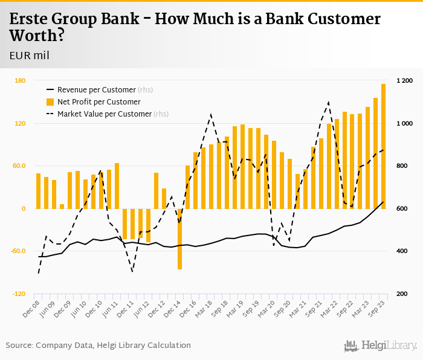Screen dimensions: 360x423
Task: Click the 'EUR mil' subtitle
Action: click(29, 56)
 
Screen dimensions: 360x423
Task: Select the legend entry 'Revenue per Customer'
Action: click(96, 90)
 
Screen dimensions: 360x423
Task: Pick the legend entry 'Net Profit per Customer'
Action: click(98, 102)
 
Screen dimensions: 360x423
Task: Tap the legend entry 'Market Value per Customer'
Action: click(104, 114)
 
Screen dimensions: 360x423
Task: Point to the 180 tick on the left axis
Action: click(20, 81)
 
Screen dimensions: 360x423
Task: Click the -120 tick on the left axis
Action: click(19, 294)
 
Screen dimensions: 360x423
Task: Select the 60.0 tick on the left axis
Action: click(19, 166)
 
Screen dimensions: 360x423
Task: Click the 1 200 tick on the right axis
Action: click(404, 81)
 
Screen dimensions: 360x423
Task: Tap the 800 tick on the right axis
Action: click(402, 166)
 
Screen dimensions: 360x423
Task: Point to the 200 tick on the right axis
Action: click(402, 294)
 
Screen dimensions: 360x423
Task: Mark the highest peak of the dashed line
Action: click(328, 102)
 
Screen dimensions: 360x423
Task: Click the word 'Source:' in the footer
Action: click(19, 346)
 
